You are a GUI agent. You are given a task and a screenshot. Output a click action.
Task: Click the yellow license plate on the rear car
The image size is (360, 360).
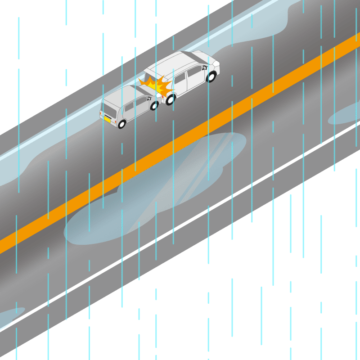click(x=108, y=119)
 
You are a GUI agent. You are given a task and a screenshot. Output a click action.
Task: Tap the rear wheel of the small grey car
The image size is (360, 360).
click(x=121, y=123)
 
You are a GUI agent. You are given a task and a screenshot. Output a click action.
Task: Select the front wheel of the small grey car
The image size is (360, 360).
click(x=154, y=106)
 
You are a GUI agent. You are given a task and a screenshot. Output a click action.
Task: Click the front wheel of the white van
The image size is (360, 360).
click(x=211, y=77)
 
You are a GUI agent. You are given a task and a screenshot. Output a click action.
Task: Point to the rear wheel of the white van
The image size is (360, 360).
click(x=170, y=99)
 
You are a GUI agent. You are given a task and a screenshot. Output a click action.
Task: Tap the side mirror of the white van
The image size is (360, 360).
click(x=205, y=68)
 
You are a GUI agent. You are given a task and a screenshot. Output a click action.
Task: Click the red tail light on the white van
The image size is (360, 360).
click(x=163, y=95)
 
